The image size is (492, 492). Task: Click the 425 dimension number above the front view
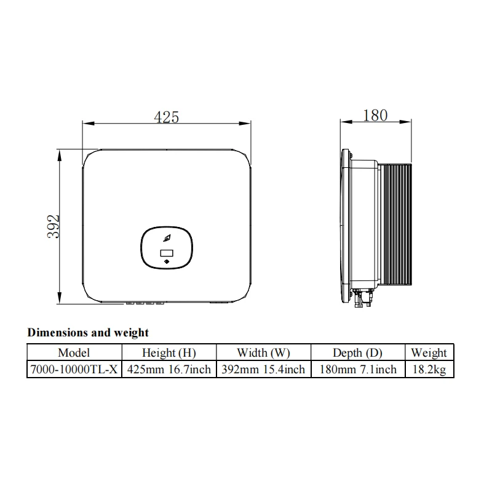click(166, 116)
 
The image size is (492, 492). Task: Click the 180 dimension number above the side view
click(375, 114)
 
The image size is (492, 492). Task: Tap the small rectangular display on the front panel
click(167, 253)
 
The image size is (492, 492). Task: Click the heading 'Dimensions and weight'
click(88, 333)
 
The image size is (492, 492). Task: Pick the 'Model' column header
click(74, 352)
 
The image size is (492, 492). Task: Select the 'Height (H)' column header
click(169, 352)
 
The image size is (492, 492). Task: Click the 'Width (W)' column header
click(263, 352)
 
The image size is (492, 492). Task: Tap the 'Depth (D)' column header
click(357, 352)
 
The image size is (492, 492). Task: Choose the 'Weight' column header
click(429, 352)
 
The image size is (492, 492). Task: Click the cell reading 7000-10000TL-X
click(74, 369)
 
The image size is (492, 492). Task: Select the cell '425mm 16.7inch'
click(169, 369)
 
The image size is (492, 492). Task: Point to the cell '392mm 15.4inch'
click(263, 369)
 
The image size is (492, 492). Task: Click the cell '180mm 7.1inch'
click(357, 369)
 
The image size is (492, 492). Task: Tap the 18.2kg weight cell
click(429, 369)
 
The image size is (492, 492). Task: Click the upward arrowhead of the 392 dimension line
click(59, 154)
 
